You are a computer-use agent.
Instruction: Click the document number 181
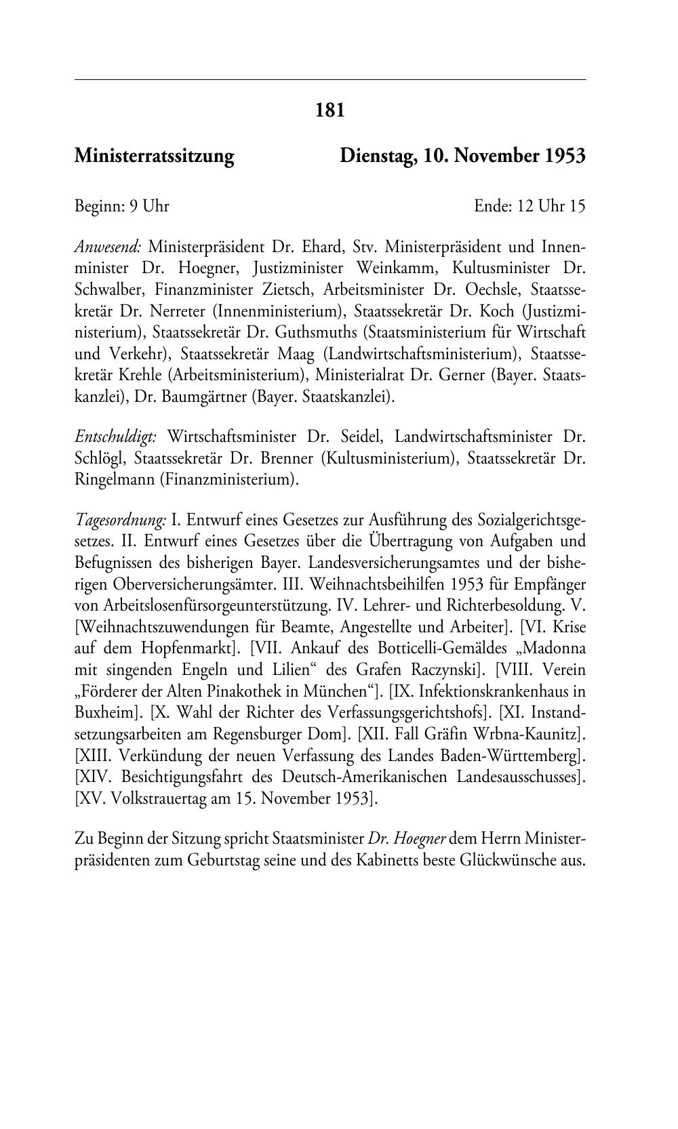pos(331,110)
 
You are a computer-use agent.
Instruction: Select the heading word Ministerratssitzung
pos(154,157)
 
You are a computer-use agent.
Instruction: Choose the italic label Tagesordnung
pos(120,520)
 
